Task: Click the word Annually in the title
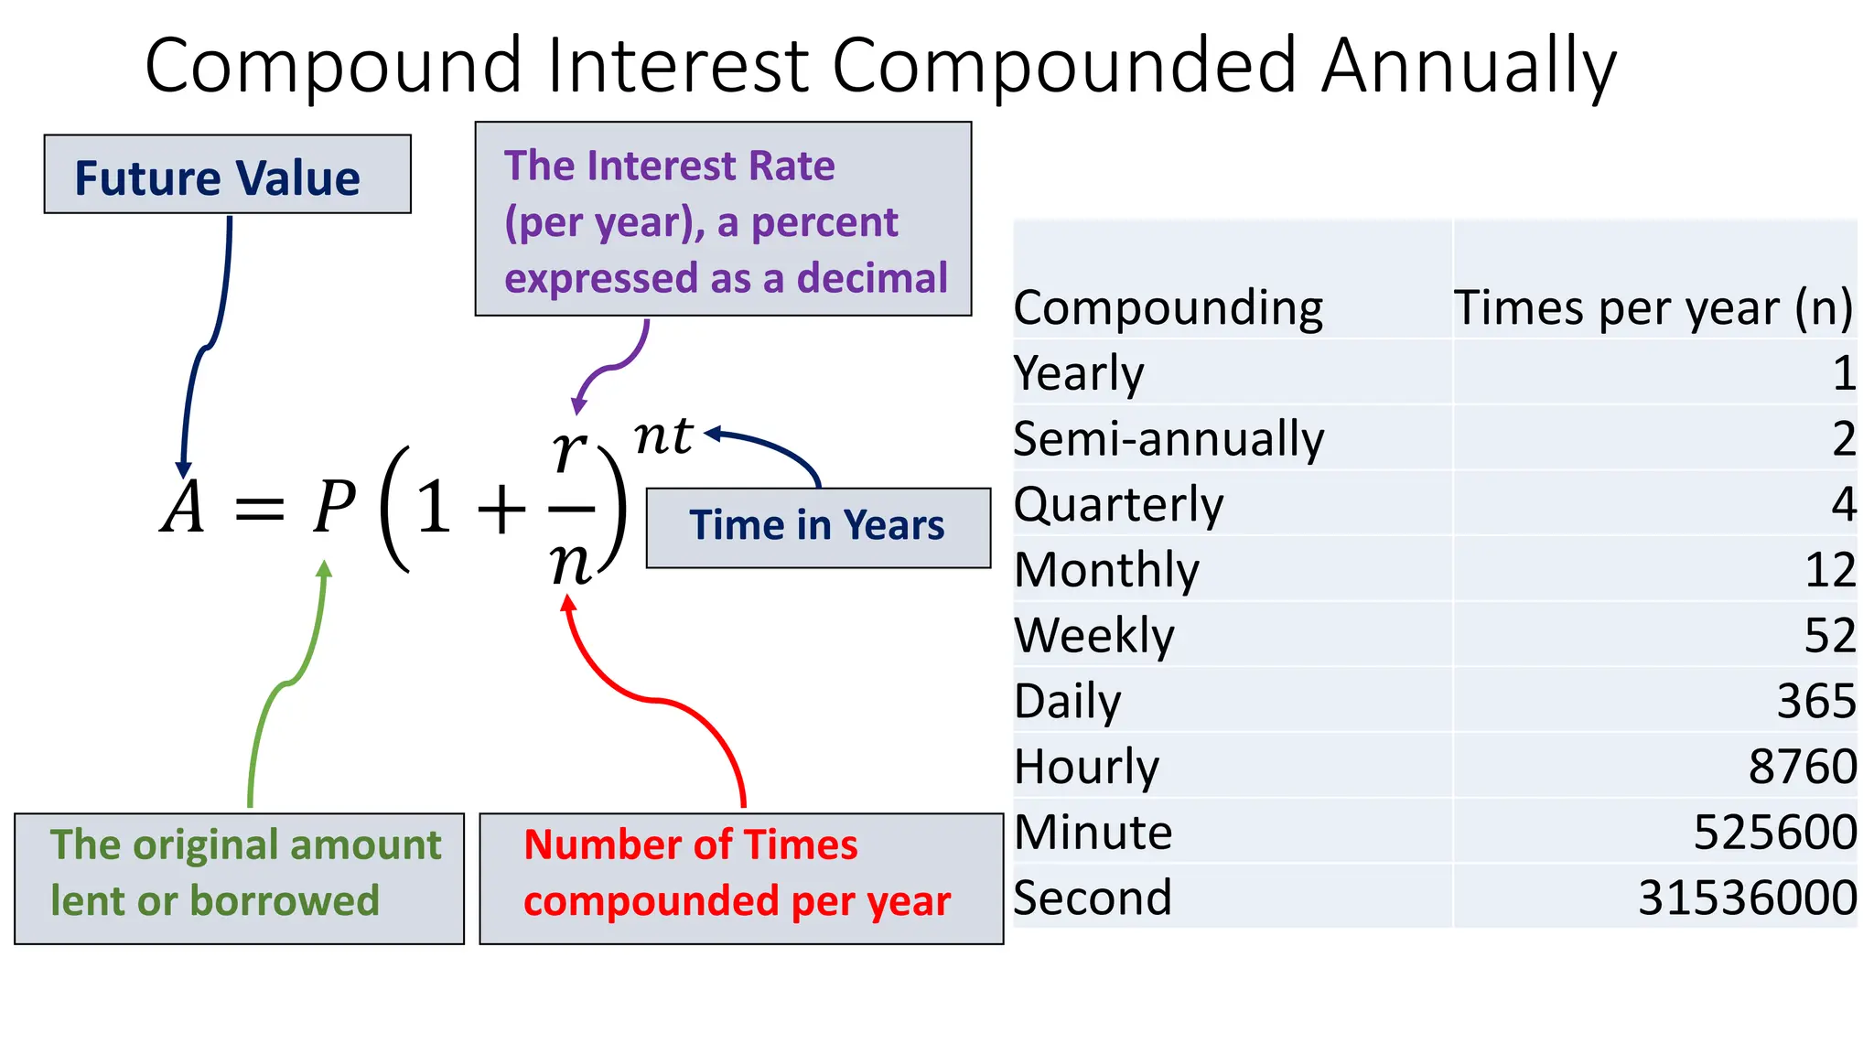coord(1468,66)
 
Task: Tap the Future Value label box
coord(227,176)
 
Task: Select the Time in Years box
coord(817,527)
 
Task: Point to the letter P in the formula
coord(333,506)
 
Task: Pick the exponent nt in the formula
coord(663,436)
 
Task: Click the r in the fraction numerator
coord(569,450)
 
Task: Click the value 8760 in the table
coord(1801,767)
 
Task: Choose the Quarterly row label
coord(1118,504)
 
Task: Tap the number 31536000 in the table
coord(1746,898)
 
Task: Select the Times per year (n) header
coord(1653,307)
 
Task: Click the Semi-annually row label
coord(1169,438)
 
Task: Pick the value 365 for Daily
coord(1815,701)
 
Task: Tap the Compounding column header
coord(1168,307)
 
